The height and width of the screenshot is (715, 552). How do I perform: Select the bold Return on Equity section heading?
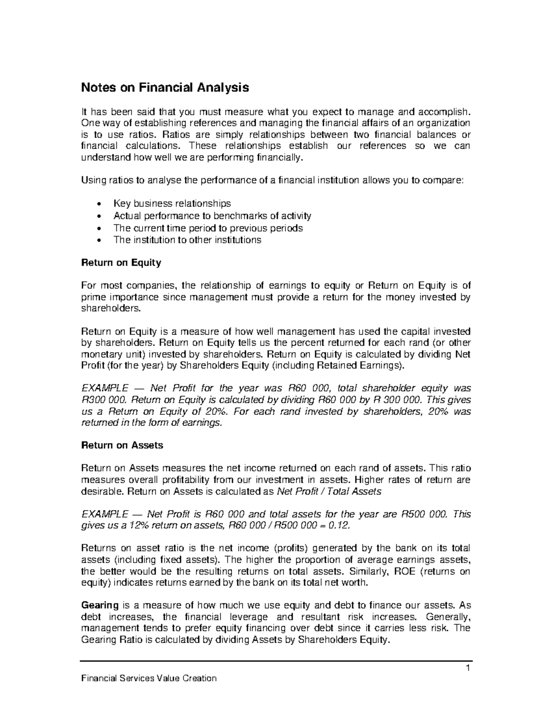121,263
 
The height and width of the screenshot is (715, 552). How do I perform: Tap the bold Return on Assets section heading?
122,445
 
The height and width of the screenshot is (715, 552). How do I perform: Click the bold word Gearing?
99,605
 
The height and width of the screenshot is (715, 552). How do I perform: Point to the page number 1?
466,669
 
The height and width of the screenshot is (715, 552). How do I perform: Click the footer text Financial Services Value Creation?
149,678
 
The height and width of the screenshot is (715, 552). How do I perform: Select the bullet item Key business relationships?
172,203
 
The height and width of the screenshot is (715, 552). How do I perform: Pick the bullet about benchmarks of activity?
212,215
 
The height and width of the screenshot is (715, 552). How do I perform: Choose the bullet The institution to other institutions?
187,240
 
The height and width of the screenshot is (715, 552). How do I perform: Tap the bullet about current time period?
208,228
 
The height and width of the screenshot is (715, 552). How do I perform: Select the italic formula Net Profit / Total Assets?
329,492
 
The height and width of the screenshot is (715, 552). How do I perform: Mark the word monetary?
100,355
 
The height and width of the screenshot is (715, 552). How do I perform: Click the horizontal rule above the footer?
276,661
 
